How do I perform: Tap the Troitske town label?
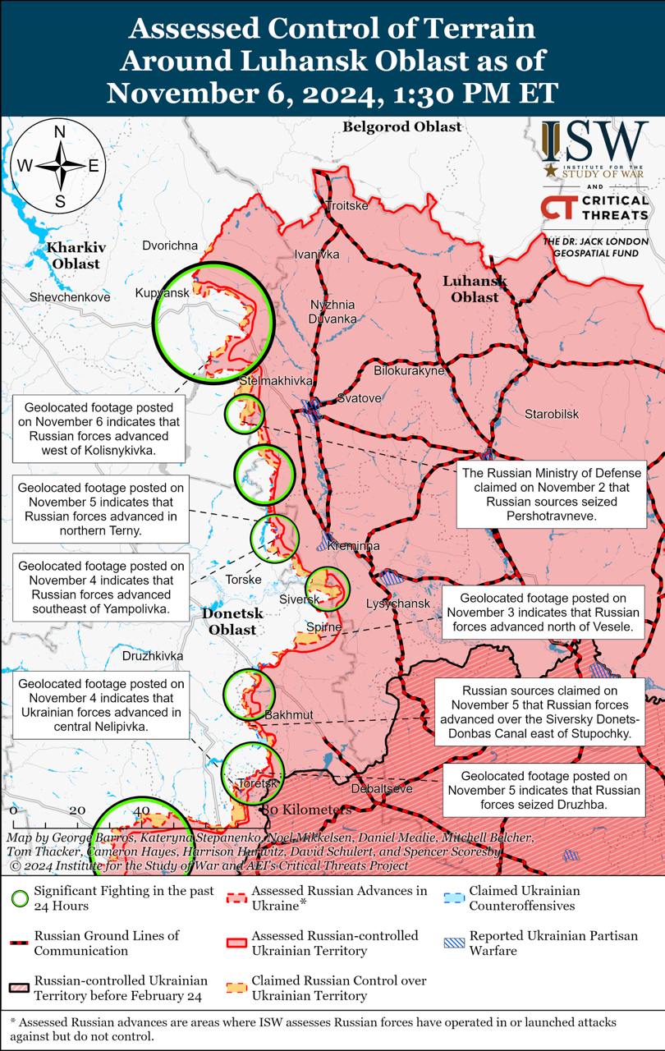(x=347, y=205)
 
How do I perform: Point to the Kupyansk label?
(x=162, y=293)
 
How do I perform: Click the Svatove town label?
(x=359, y=398)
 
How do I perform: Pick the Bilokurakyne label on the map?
(x=409, y=371)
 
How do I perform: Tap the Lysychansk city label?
(x=397, y=604)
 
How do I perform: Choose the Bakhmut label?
(x=289, y=715)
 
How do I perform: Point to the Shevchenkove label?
(x=70, y=297)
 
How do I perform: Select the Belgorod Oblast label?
(x=401, y=127)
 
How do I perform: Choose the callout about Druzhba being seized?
(x=543, y=790)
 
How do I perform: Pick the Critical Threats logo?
(x=594, y=207)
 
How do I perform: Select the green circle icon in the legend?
(x=20, y=898)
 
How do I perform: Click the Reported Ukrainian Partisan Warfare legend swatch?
(x=452, y=943)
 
